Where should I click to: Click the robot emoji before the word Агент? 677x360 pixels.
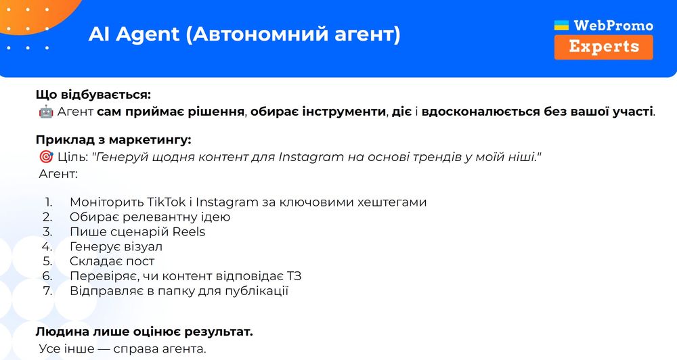[x=46, y=112]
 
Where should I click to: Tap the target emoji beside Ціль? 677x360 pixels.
[x=46, y=157]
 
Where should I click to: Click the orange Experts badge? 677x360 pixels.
[x=604, y=47]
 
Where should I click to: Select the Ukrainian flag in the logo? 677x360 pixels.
[x=561, y=25]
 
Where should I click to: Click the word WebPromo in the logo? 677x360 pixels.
[x=613, y=26]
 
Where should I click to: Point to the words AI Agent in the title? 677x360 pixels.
[x=134, y=35]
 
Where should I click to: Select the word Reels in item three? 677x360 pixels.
[x=189, y=232]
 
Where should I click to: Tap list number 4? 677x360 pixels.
[x=47, y=246]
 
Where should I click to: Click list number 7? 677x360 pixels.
[x=47, y=291]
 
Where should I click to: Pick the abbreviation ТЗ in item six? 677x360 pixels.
[x=294, y=276]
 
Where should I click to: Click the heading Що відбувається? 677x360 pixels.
[x=93, y=95]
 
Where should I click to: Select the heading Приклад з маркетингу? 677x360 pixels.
[x=114, y=140]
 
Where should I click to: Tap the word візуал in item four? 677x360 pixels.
[x=137, y=246]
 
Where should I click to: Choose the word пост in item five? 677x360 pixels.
[x=139, y=262]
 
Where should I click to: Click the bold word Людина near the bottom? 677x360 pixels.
[x=62, y=332]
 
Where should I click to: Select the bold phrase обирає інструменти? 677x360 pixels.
[x=318, y=112]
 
